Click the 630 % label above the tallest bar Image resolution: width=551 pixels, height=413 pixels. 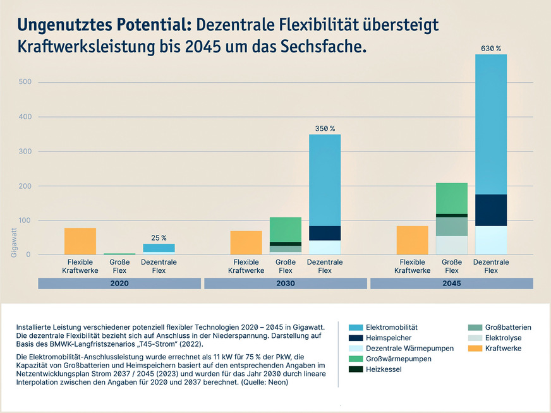click(490, 48)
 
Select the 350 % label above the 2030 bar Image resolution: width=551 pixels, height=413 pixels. click(325, 128)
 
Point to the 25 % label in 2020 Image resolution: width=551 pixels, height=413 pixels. click(159, 238)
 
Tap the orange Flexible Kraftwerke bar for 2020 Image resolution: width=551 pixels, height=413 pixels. click(80, 241)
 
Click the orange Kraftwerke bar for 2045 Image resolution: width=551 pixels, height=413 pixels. click(412, 240)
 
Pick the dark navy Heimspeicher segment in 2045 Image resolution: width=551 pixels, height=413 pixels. click(490, 210)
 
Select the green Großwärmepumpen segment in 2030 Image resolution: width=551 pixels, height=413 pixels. click(286, 229)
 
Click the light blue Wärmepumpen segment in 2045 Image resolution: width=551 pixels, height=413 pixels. click(490, 240)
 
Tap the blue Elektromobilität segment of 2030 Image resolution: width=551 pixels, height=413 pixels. click(325, 180)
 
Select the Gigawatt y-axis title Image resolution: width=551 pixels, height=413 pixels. click(14, 242)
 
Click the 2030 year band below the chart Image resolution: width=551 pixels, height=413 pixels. click(286, 284)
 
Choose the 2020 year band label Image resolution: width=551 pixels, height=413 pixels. click(119, 284)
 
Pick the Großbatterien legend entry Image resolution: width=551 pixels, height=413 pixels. click(507, 327)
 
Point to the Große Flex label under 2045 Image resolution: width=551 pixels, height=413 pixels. click(451, 266)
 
